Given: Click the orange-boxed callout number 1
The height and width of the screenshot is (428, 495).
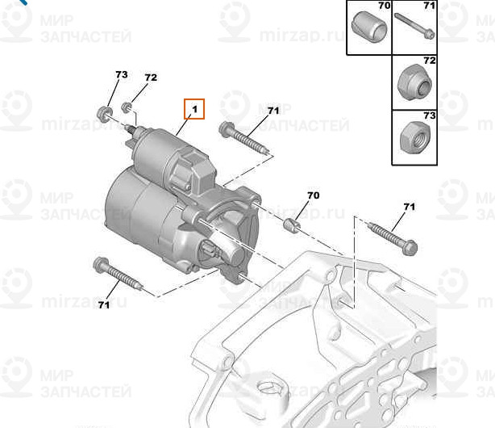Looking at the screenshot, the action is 194,109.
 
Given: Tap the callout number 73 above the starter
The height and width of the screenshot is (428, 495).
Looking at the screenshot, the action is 122,74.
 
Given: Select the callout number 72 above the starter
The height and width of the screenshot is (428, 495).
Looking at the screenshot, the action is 151,78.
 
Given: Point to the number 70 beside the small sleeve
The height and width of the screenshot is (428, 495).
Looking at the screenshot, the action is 313,195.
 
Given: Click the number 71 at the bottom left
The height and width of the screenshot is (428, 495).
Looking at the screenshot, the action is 103,305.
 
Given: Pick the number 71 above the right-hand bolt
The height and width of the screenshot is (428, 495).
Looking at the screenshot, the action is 409,207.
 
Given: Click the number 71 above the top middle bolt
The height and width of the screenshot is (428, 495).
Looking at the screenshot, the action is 273,111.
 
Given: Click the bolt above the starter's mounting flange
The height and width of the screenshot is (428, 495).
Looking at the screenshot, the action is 243,138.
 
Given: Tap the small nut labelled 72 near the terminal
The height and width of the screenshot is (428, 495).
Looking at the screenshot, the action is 127,107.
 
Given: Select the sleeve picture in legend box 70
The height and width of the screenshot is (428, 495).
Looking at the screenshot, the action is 368,27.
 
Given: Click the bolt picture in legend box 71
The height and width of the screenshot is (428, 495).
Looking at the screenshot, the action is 414,26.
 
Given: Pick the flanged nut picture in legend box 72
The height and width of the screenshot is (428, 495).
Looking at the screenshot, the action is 414,82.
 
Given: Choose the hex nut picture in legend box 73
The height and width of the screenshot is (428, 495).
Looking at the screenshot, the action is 414,137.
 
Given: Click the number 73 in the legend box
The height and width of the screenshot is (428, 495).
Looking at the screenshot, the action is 430,115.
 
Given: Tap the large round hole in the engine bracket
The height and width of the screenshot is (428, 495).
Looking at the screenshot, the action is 269,388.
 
